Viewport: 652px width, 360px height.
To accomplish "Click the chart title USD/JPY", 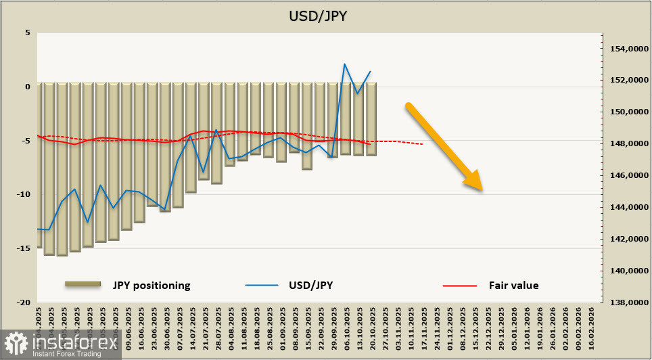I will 325,16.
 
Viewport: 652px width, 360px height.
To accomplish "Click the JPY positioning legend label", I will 152,285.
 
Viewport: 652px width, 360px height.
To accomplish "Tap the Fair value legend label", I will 513,285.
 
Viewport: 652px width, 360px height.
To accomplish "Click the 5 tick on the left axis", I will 28,32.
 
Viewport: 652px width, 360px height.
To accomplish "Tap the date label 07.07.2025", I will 179,328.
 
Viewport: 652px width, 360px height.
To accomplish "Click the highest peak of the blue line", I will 345,64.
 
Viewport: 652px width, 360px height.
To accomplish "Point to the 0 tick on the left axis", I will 28,87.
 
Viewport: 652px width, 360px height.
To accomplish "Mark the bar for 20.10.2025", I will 371,119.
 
